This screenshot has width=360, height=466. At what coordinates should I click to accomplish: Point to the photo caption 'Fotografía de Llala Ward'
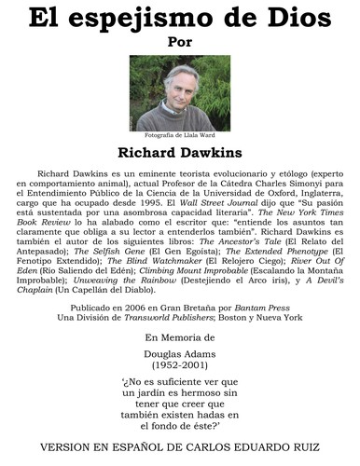tap(180, 134)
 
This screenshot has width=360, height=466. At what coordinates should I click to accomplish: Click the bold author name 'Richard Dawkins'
tap(180, 153)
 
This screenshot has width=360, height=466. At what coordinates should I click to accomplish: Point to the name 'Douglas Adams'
tap(180, 356)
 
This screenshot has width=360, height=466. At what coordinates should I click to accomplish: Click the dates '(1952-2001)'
tap(180, 368)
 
